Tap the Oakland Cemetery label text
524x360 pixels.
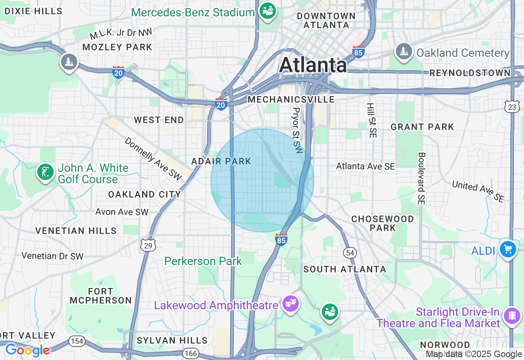[463, 53]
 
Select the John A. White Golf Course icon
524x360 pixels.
[45, 172]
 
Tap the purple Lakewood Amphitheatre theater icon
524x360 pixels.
[291, 303]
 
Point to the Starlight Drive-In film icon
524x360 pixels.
[512, 315]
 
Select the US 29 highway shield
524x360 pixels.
[148, 245]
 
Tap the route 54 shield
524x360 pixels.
[350, 253]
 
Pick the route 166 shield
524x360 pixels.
[191, 353]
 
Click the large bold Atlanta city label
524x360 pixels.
[313, 65]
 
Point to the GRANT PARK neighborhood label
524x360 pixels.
[422, 127]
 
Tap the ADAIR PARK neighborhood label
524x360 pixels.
[221, 161]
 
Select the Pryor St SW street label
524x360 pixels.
[297, 131]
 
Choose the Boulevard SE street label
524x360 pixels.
[422, 178]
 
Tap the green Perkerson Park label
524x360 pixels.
[203, 261]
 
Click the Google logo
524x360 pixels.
[27, 351]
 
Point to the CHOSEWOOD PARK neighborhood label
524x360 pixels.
[383, 223]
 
